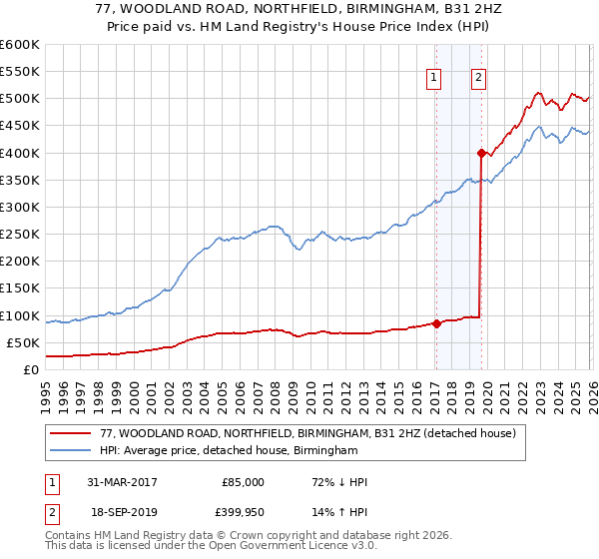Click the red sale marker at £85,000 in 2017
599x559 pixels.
click(436, 323)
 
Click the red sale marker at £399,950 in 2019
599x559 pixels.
click(480, 153)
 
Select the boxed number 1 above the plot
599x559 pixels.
click(435, 79)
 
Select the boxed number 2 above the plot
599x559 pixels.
click(479, 79)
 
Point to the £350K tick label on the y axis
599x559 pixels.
click(19, 181)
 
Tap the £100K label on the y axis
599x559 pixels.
click(19, 316)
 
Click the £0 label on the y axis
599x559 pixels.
click(30, 370)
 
